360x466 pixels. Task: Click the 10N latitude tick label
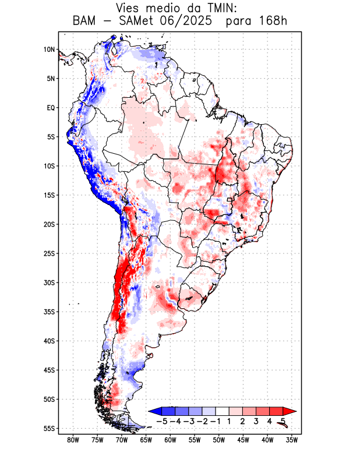(x=49, y=50)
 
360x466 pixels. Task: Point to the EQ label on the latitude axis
(x=51, y=108)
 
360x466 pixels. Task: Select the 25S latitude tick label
(x=49, y=253)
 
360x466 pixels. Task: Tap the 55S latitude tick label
(x=49, y=429)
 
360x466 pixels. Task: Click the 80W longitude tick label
(x=73, y=440)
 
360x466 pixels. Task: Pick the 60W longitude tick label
(x=171, y=440)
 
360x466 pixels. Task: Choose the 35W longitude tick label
(x=292, y=440)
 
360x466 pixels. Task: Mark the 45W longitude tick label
(x=243, y=440)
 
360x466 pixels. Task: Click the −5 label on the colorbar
(x=163, y=421)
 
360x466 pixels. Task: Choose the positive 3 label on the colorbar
(x=256, y=421)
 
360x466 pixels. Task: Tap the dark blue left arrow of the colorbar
(x=155, y=411)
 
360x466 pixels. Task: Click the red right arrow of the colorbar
(x=290, y=411)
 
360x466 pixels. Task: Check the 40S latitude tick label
(x=49, y=341)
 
